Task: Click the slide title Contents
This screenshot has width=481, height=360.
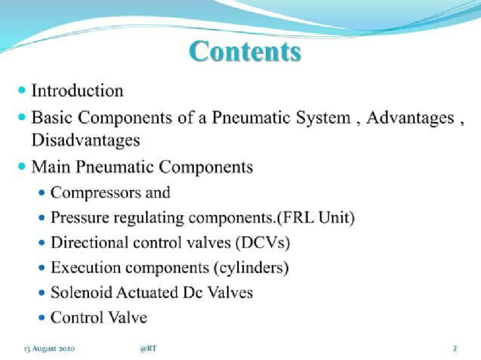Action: point(245,52)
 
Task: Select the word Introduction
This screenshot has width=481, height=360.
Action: point(77,91)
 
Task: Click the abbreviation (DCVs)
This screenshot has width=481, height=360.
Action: point(263,243)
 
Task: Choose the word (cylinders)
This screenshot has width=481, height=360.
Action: point(251,268)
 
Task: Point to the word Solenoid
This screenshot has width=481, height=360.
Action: point(81,293)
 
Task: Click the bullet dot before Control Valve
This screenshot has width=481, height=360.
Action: point(42,317)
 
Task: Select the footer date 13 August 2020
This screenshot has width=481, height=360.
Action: point(49,349)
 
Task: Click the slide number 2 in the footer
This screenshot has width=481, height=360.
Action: point(455,349)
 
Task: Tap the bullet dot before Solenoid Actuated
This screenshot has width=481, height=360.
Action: point(42,293)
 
